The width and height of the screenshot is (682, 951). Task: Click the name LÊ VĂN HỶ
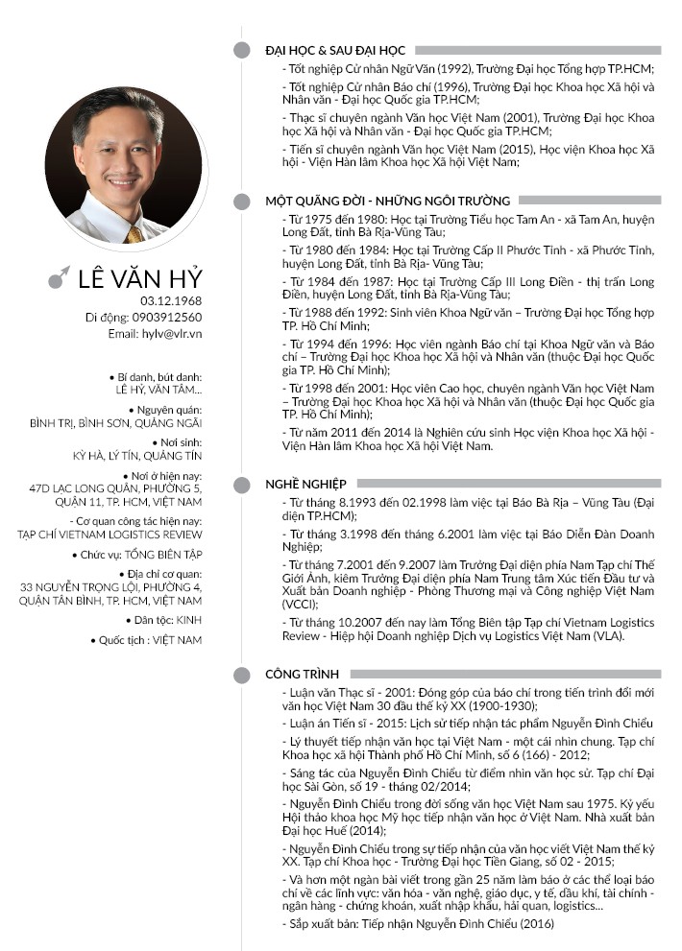pyautogui.click(x=140, y=278)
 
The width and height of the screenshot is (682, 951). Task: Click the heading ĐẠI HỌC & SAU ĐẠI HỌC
pyautogui.click(x=335, y=50)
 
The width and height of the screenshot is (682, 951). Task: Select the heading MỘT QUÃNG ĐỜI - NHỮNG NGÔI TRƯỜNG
pyautogui.click(x=388, y=202)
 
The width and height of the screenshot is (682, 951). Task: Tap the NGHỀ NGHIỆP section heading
pyautogui.click(x=305, y=484)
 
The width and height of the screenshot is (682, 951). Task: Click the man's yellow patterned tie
pyautogui.click(x=134, y=233)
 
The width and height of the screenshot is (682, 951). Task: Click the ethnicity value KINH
pyautogui.click(x=189, y=621)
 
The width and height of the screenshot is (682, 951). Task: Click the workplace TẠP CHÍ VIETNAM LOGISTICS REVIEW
pyautogui.click(x=110, y=535)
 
